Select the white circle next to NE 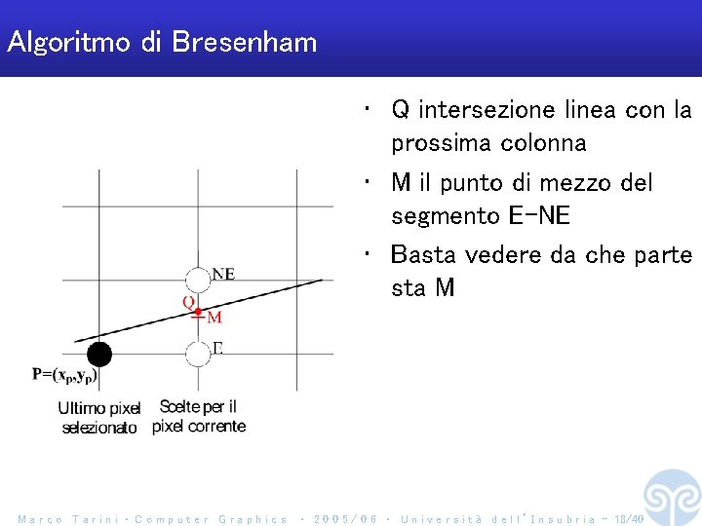tap(198, 279)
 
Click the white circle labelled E tap(198, 353)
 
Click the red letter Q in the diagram tap(188, 303)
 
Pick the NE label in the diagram tap(223, 274)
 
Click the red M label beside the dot tap(214, 318)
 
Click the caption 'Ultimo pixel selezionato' tap(99, 418)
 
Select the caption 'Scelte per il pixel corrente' tap(199, 417)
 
